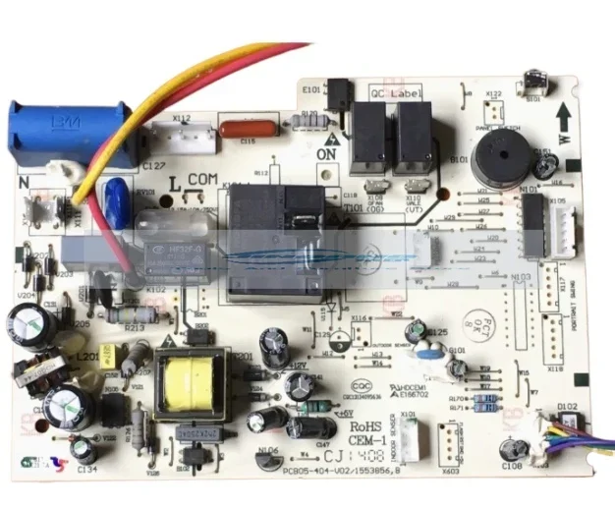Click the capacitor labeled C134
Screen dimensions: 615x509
coord(84,450)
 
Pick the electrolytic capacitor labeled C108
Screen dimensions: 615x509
coord(512,449)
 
